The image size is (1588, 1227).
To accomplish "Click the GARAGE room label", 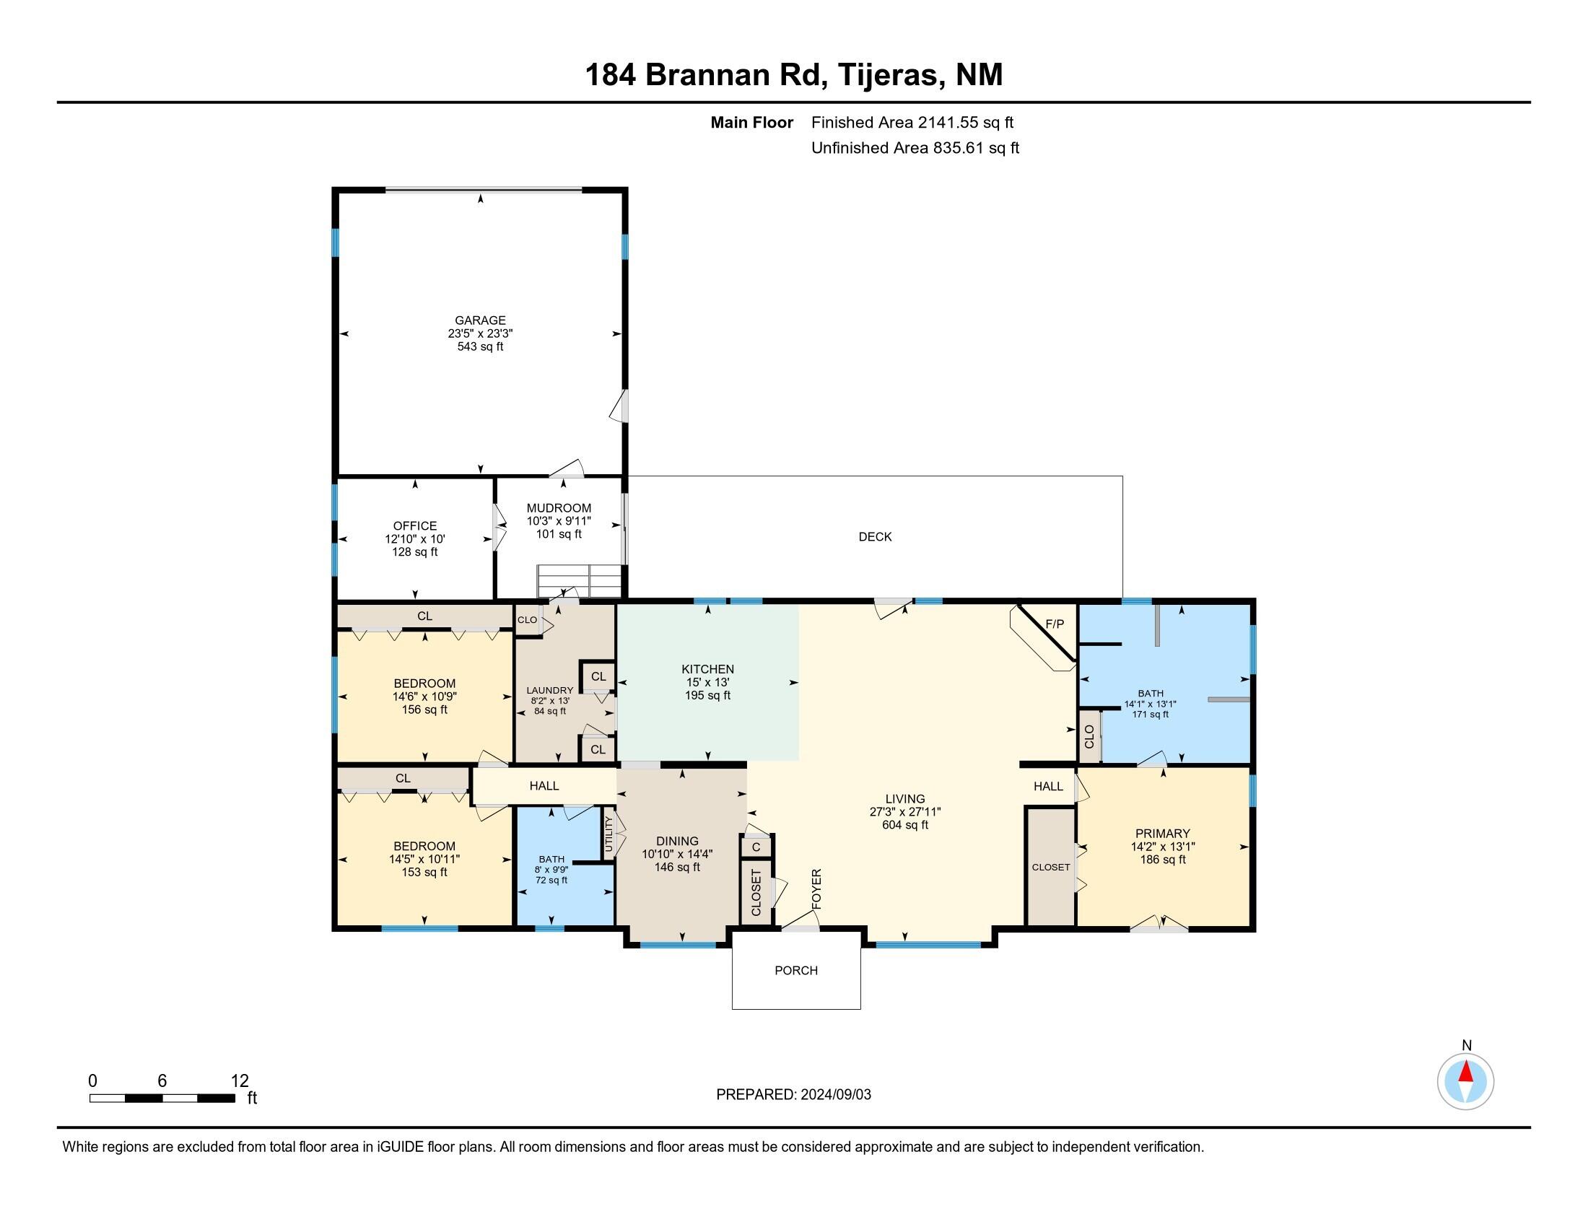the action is pos(480,320).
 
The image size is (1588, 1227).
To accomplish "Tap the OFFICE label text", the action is pos(415,525).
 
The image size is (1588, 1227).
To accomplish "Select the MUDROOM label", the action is pos(559,508).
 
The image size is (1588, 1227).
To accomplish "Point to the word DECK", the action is pos(875,536).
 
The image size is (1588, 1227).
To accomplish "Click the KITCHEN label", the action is pos(707,669).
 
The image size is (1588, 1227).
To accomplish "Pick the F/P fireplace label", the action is pos(1055,624).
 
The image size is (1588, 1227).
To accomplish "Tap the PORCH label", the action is pos(796,970).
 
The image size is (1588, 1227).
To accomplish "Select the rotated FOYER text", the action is pos(816,888).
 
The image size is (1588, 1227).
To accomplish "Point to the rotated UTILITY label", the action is pos(609,834).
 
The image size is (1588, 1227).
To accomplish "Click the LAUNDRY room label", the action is pos(550,691).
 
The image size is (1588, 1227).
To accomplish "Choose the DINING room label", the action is pos(677,841).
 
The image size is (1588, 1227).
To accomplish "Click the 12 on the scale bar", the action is pos(240,1081).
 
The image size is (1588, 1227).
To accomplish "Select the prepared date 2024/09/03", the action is pos(835,1095).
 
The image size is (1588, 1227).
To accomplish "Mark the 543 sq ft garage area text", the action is pos(480,346).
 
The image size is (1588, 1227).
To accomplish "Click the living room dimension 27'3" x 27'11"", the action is pos(905,812).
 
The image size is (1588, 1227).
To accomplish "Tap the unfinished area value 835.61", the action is pos(959,148).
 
